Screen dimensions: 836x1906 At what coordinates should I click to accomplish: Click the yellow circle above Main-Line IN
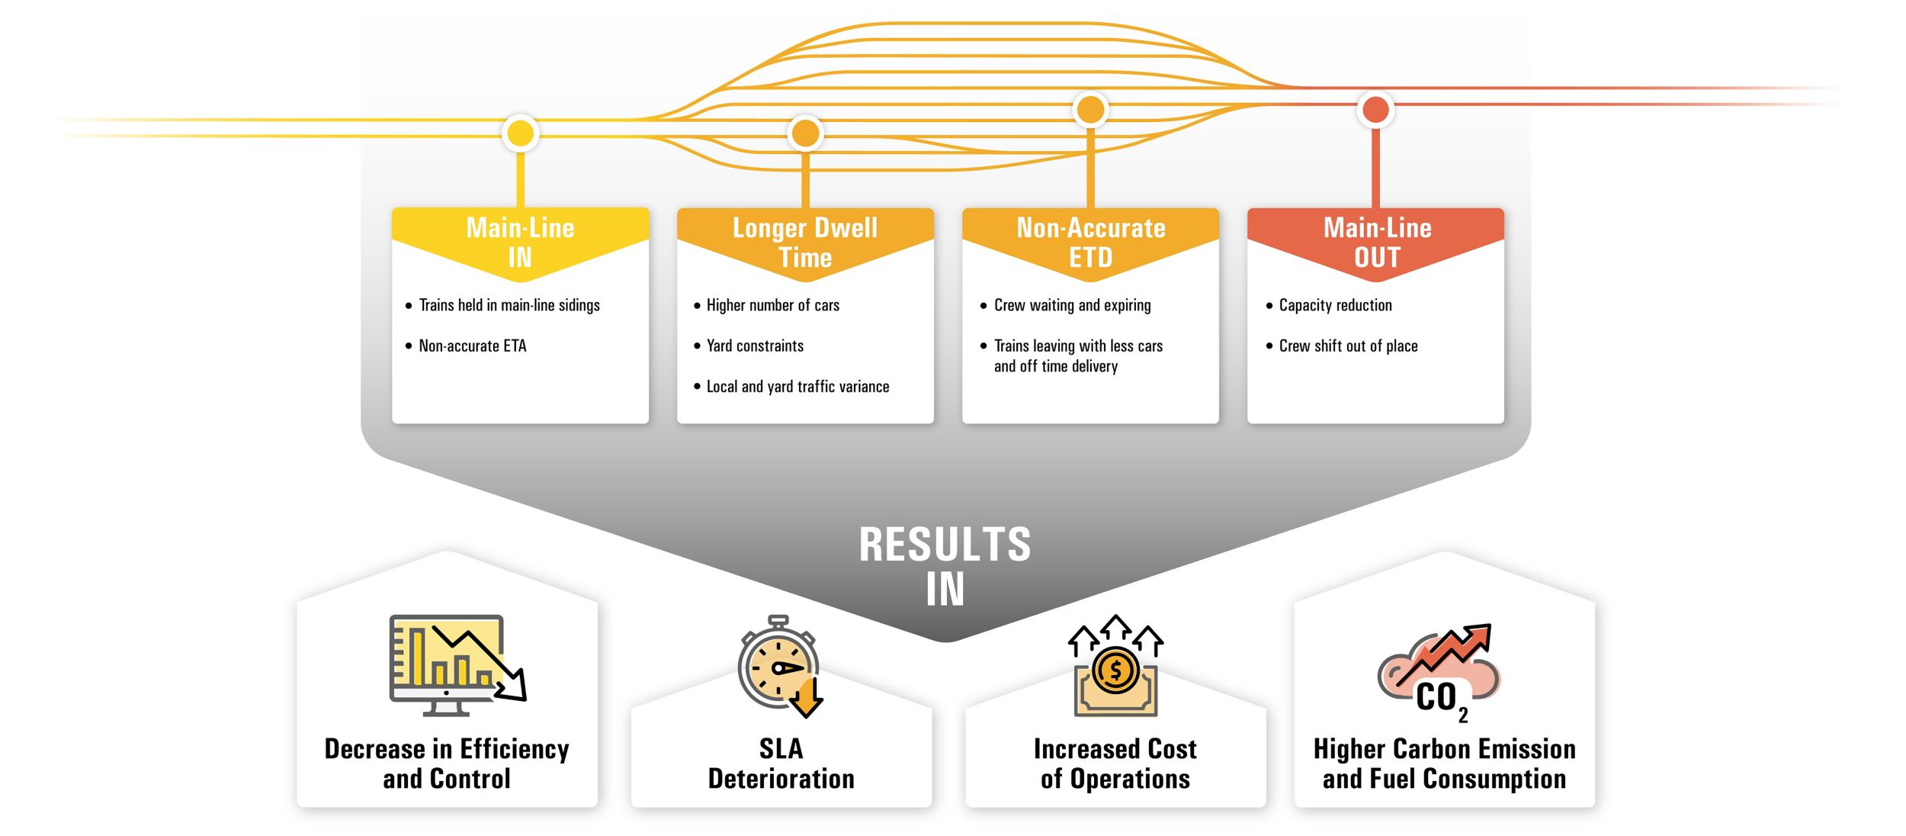coord(521,133)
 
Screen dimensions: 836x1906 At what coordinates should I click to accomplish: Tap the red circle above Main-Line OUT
coord(1375,110)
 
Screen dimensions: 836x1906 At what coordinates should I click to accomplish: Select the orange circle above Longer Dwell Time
coord(805,133)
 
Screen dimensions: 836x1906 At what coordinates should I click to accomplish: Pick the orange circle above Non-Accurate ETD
coord(1090,110)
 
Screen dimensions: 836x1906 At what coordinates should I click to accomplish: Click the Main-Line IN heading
coord(520,243)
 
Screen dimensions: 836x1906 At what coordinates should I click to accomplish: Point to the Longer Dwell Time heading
coord(805,243)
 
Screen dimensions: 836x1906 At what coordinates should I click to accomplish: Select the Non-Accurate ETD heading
coord(1090,243)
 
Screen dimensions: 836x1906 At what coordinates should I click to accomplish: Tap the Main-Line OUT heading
coord(1377,243)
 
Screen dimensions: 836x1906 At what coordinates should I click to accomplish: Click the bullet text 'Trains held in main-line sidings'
coord(509,305)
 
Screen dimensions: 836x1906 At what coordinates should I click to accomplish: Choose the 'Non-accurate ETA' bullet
coord(473,346)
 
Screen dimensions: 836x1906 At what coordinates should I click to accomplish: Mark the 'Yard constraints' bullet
coord(755,346)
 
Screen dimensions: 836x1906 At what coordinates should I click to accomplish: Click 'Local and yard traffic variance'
coord(797,387)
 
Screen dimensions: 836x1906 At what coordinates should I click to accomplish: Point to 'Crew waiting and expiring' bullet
coord(1072,305)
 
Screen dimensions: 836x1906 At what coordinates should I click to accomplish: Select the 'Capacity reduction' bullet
coord(1335,305)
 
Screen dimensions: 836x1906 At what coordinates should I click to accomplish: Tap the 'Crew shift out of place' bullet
coord(1348,346)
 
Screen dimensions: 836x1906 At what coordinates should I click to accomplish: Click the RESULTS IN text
coord(945,566)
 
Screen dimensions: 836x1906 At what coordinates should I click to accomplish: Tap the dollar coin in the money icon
coord(1115,670)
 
